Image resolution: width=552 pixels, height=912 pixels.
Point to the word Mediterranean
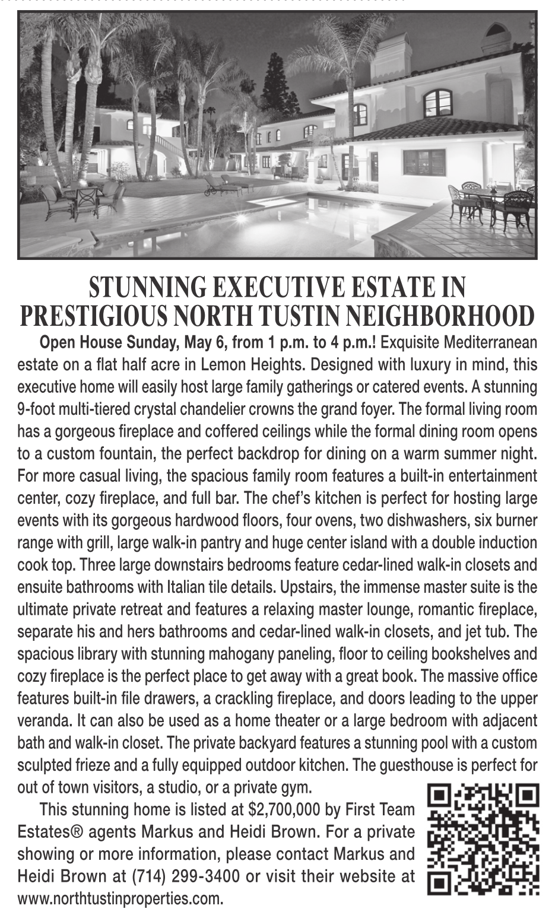[490, 343]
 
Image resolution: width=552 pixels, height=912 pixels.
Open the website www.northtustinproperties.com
[120, 898]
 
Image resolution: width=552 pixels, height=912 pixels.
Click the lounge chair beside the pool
[221, 185]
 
